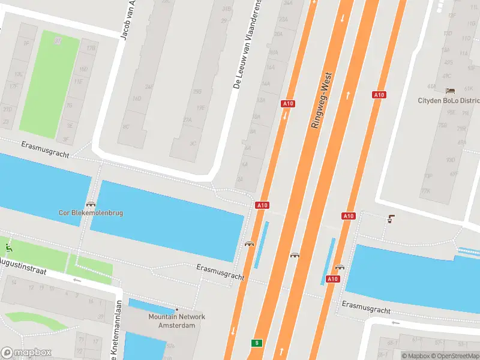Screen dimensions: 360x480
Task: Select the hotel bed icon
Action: point(451,91)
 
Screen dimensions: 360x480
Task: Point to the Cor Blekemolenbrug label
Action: point(91,212)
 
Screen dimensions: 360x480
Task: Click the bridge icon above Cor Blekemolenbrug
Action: point(91,204)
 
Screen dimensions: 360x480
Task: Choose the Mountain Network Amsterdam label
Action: point(177,321)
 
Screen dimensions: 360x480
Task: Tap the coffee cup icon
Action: point(391,218)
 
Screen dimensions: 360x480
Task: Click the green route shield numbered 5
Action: point(256,343)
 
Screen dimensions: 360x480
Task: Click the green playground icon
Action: point(8,247)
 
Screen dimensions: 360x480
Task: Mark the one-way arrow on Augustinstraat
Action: point(76,280)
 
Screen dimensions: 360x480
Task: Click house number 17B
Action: point(91,48)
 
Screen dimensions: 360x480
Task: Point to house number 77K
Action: point(425,191)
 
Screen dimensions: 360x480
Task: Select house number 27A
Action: point(187,119)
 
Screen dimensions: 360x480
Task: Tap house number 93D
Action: point(450,160)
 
